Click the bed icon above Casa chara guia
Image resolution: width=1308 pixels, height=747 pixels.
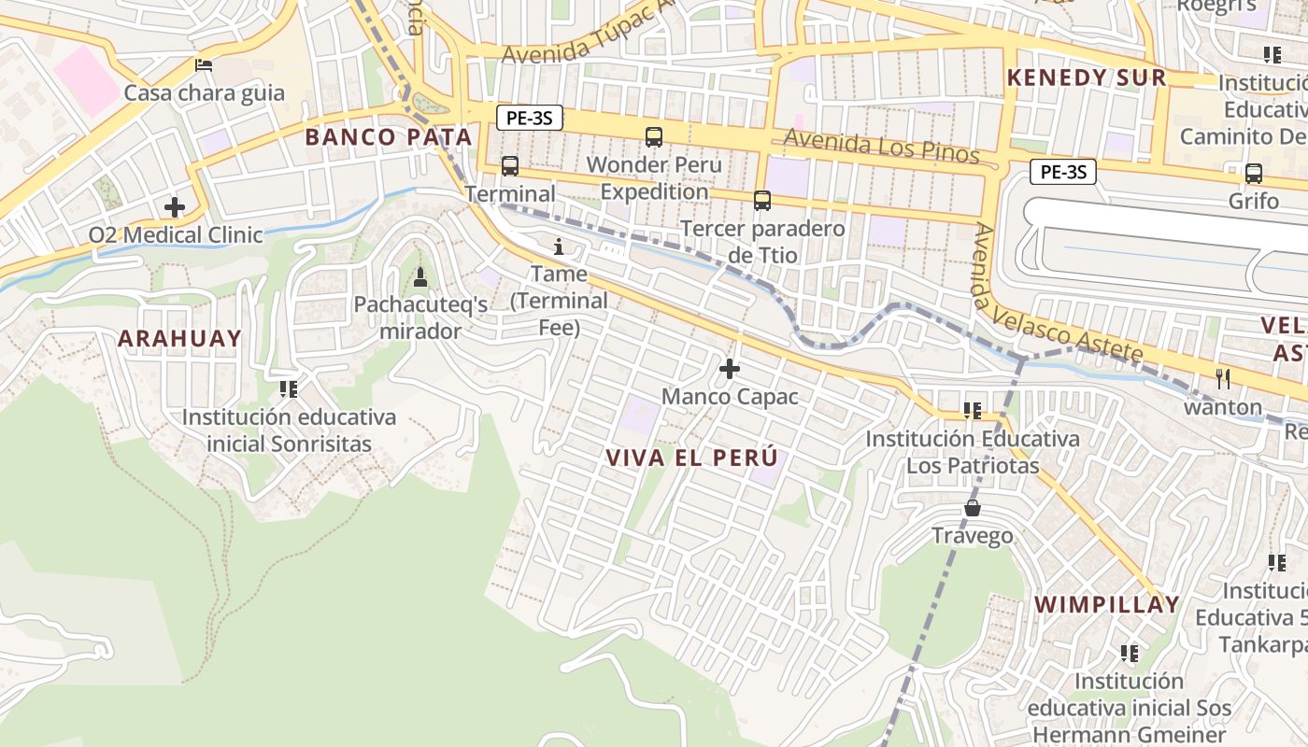click(x=203, y=65)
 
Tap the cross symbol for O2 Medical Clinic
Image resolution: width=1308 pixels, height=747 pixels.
click(x=175, y=207)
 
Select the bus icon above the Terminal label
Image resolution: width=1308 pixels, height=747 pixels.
click(x=510, y=166)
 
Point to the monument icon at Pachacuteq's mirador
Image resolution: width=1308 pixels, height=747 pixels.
click(x=420, y=276)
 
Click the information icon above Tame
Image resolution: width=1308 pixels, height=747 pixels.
click(x=559, y=247)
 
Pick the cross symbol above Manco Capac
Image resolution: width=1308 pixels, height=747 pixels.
click(x=730, y=369)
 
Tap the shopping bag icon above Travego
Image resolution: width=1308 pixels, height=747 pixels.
click(x=973, y=508)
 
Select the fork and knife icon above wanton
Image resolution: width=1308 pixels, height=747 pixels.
click(x=1223, y=378)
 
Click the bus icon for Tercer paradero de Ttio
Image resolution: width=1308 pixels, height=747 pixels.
click(x=762, y=201)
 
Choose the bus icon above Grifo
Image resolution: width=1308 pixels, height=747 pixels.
click(x=1254, y=174)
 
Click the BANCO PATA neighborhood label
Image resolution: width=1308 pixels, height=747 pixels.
click(x=389, y=137)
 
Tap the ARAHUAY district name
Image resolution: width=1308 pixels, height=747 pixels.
click(x=179, y=338)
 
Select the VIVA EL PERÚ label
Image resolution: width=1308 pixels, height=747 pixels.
click(x=691, y=458)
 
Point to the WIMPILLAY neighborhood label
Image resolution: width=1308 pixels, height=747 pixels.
click(x=1107, y=604)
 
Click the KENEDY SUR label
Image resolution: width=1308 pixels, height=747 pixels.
click(x=1087, y=78)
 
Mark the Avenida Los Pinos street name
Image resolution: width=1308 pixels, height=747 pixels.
click(x=881, y=146)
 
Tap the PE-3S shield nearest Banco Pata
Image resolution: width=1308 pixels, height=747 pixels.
click(x=529, y=119)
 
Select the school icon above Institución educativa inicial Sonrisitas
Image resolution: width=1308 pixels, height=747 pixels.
click(x=288, y=388)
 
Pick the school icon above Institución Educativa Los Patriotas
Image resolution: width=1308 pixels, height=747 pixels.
click(x=972, y=411)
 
